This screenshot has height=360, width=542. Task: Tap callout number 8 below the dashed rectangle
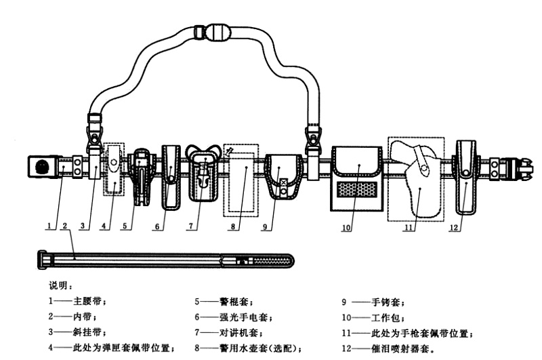[x=232, y=228]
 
